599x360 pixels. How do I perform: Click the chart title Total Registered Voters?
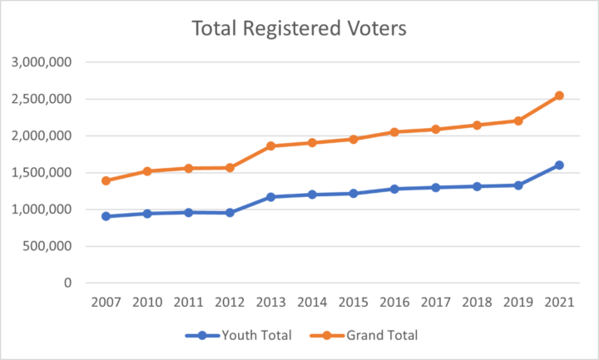pyautogui.click(x=299, y=28)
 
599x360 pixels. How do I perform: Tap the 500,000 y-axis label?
pyautogui.click(x=47, y=246)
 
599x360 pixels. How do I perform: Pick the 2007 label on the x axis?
pyautogui.click(x=106, y=302)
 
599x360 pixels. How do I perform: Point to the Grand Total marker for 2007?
pyautogui.click(x=106, y=180)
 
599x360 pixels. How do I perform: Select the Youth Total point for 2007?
pyautogui.click(x=106, y=216)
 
